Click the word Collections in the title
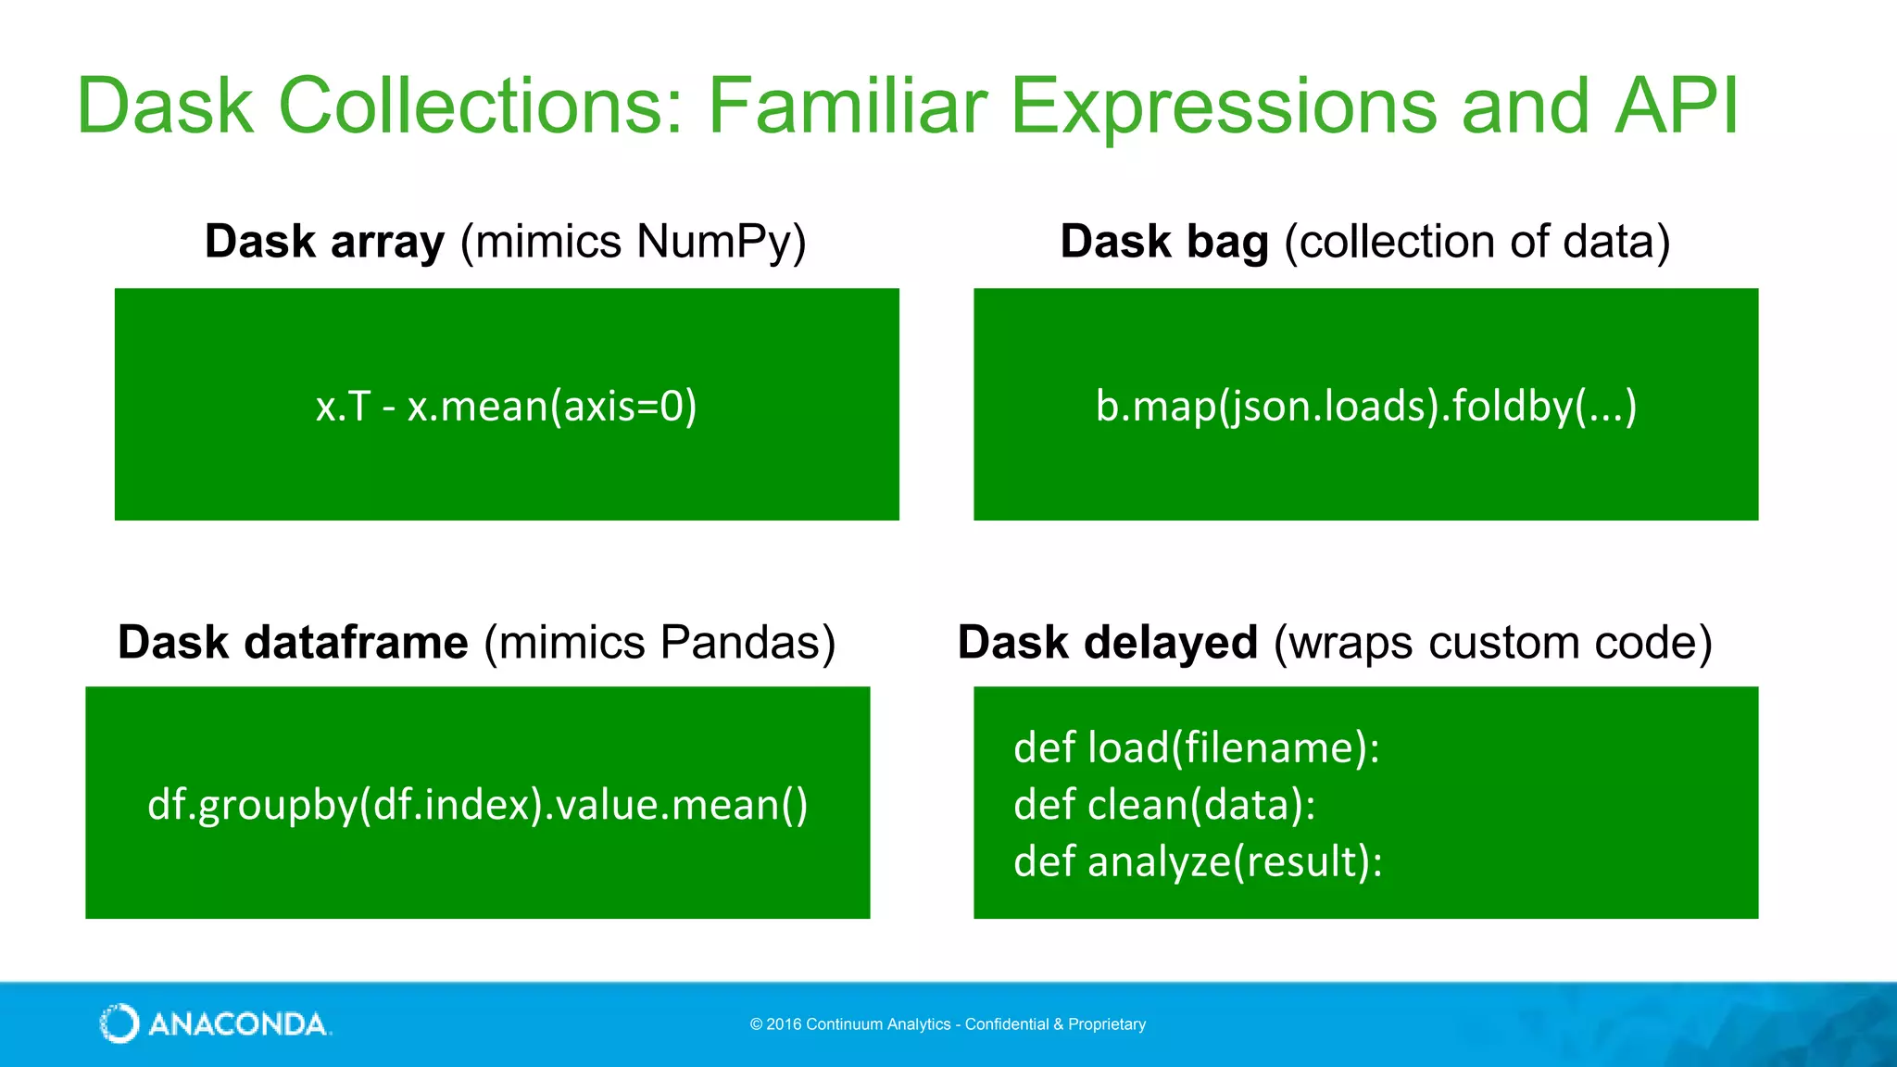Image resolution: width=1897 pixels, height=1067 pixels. click(x=480, y=107)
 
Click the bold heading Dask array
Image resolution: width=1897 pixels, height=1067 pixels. click(x=324, y=242)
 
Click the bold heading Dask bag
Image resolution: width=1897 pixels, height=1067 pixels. click(x=1163, y=242)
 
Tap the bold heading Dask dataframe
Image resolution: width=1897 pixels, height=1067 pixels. click(x=293, y=642)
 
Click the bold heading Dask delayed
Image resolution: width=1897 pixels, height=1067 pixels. click(x=1108, y=642)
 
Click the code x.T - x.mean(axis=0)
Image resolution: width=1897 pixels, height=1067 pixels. click(x=506, y=406)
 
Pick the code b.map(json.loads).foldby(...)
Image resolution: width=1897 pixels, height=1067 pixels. click(x=1365, y=406)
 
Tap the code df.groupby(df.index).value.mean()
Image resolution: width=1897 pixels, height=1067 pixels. click(x=477, y=804)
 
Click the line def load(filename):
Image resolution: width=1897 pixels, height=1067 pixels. click(x=1196, y=747)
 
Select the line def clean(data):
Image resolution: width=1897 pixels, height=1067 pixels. click(x=1164, y=804)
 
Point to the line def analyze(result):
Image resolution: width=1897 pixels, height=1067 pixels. click(x=1198, y=861)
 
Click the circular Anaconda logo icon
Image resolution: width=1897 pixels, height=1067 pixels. click(x=119, y=1023)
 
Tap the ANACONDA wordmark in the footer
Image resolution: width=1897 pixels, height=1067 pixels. click(x=238, y=1024)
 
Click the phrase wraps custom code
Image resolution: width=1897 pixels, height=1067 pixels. click(x=1492, y=642)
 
